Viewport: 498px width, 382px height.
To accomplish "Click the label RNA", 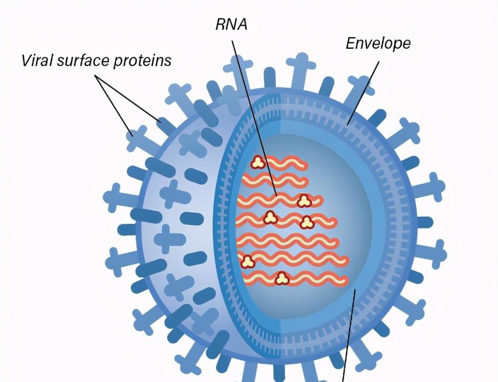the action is (x=231, y=24).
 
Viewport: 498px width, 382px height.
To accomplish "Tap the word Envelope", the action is (x=378, y=43).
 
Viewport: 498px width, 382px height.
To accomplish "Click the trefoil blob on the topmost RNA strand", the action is (x=258, y=163).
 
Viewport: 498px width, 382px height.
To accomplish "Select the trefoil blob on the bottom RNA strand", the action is (x=282, y=278).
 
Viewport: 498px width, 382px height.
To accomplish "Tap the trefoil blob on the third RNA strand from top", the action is (x=304, y=201).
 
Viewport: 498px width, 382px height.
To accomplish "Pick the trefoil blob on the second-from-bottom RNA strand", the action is (x=248, y=261).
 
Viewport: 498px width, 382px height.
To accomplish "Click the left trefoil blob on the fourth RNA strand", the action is (x=270, y=218).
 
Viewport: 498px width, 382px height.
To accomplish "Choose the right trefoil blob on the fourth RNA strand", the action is (x=307, y=222).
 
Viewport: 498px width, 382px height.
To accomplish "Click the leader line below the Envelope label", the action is (x=363, y=93).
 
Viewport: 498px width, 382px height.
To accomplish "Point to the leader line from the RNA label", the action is (x=254, y=118).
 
